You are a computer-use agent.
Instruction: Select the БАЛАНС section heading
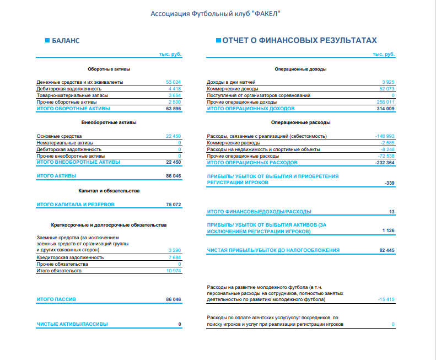[x=66, y=41]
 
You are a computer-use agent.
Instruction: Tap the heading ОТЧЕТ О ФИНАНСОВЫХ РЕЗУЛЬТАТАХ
[x=299, y=40]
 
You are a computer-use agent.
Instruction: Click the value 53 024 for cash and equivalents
[x=173, y=82]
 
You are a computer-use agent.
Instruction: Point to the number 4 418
[x=175, y=89]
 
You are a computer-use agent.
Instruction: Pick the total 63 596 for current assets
[x=173, y=109]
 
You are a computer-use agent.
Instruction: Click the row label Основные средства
[x=59, y=136]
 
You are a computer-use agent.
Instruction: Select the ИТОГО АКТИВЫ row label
[x=56, y=176]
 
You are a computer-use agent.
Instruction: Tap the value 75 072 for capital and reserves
[x=173, y=205]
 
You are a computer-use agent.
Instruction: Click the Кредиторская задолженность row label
[x=70, y=257]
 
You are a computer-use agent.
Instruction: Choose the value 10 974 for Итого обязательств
[x=173, y=271]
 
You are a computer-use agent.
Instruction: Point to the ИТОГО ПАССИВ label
[x=56, y=299]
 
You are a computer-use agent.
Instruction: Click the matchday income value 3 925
[x=388, y=82]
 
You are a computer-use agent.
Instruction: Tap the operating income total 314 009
[x=385, y=109]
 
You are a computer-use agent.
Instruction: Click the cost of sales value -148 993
[x=384, y=136]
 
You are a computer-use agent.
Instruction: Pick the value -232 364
[x=384, y=163]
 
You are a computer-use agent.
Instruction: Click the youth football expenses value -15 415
[x=386, y=299]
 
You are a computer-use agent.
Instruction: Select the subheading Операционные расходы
[x=300, y=122]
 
